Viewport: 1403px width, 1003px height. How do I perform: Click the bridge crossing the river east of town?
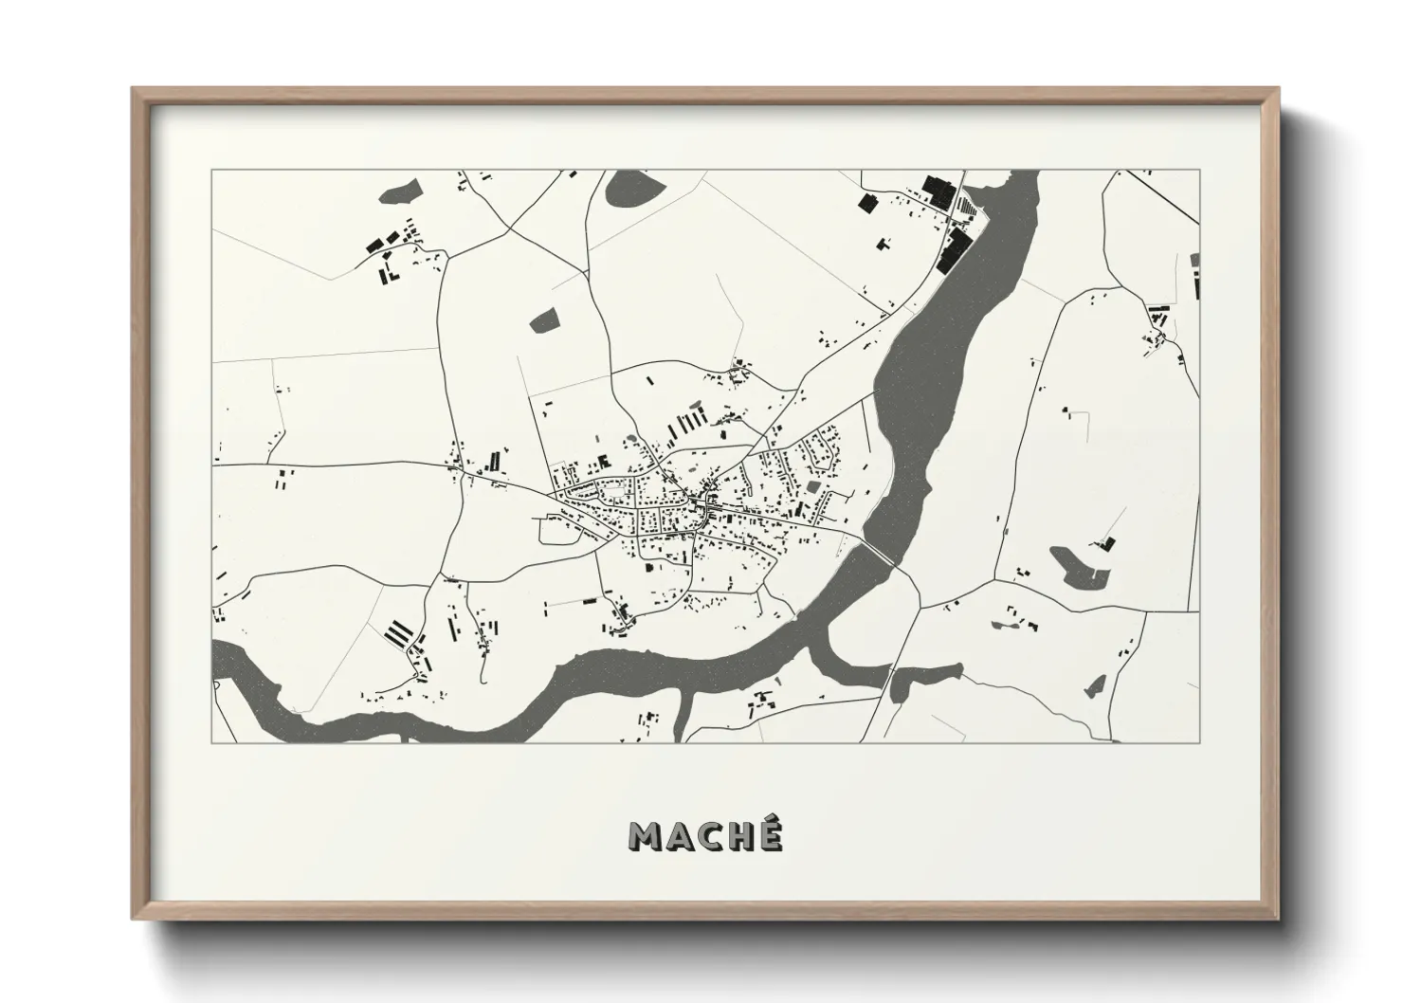point(878,553)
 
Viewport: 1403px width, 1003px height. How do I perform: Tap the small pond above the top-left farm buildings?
point(398,192)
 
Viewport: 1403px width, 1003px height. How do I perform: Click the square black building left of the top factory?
point(865,201)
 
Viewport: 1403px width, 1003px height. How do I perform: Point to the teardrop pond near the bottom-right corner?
point(1097,684)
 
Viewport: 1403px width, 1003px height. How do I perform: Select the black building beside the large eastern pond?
point(1106,543)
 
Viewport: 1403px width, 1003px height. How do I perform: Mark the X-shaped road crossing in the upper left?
point(510,230)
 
